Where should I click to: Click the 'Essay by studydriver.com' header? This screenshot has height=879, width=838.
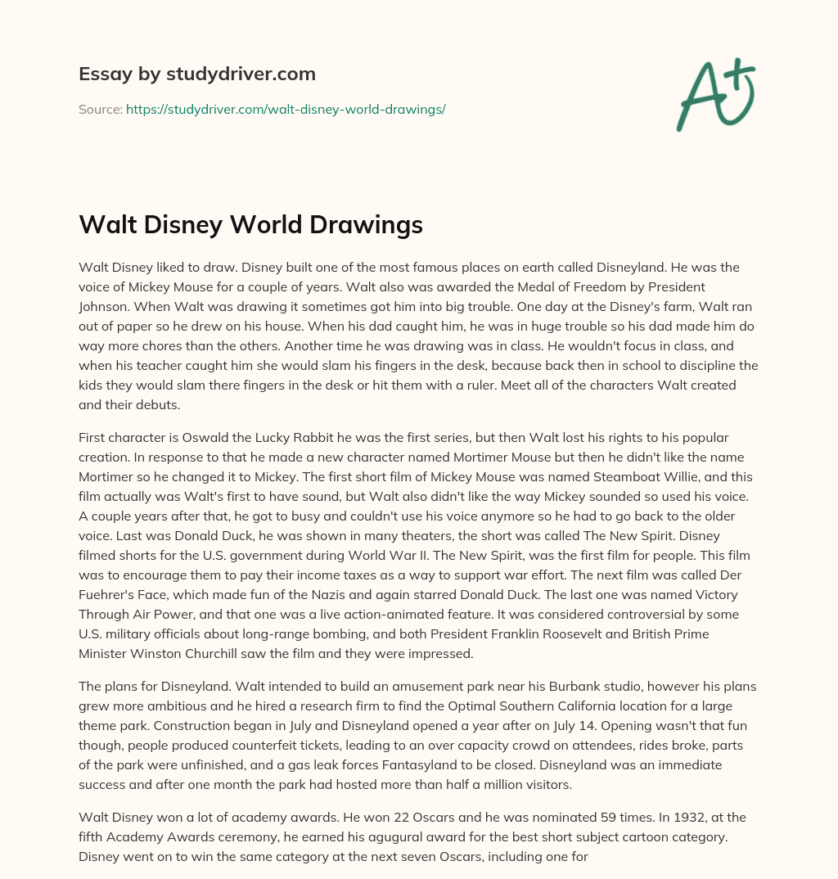pyautogui.click(x=196, y=74)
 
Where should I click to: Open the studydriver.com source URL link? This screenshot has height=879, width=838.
pyautogui.click(x=286, y=109)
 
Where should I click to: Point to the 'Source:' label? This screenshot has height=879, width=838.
pyautogui.click(x=100, y=109)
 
